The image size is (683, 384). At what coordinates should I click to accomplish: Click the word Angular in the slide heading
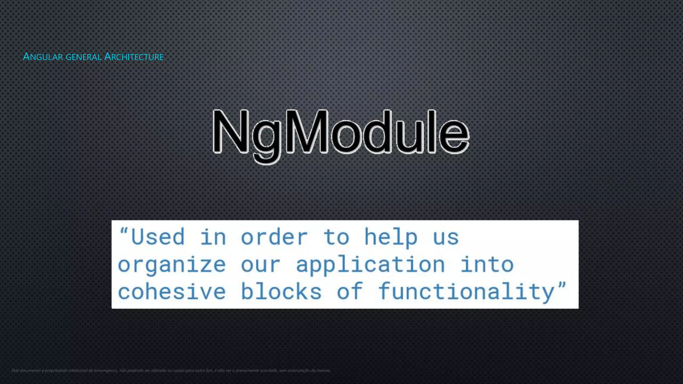(x=43, y=57)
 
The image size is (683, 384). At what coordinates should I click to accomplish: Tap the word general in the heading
(x=83, y=57)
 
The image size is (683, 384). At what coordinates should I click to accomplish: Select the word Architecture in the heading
(x=134, y=57)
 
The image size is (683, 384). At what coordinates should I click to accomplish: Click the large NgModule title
(x=341, y=133)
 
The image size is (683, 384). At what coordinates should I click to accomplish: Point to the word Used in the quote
(x=157, y=237)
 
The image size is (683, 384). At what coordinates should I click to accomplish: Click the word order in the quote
(x=274, y=237)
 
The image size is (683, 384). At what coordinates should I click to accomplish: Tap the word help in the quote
(x=391, y=237)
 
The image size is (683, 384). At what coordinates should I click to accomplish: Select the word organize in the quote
(x=172, y=265)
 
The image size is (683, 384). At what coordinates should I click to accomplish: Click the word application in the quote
(x=371, y=265)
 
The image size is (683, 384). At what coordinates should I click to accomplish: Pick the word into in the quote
(x=487, y=265)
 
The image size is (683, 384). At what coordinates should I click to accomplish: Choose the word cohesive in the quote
(x=172, y=292)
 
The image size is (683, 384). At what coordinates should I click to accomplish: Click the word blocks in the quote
(x=281, y=292)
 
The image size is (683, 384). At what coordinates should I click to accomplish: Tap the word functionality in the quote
(x=466, y=292)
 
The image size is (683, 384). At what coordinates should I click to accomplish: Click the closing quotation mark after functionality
(x=562, y=286)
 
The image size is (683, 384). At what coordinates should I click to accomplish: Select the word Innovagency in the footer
(x=106, y=370)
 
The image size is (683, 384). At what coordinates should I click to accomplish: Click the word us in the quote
(x=446, y=237)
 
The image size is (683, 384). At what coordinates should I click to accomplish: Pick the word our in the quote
(x=260, y=265)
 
